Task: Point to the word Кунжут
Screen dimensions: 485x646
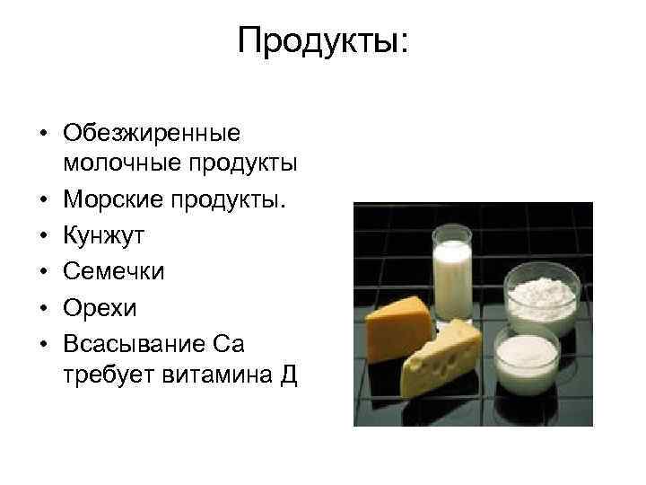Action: (x=104, y=236)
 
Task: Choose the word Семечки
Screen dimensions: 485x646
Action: (x=114, y=271)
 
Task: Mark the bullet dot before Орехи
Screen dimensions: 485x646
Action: (x=43, y=307)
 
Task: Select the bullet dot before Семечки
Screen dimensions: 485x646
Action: (x=43, y=272)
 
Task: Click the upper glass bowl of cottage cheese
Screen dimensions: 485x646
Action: (x=541, y=296)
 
